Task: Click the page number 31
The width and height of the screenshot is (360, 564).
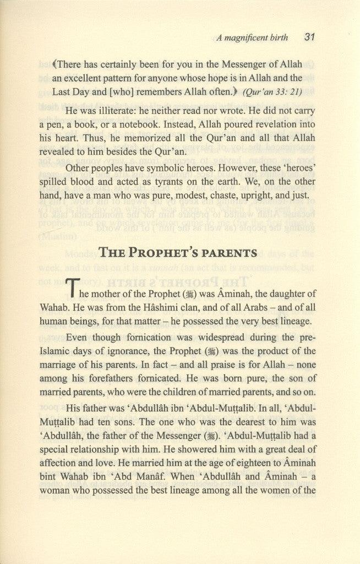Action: [309, 38]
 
